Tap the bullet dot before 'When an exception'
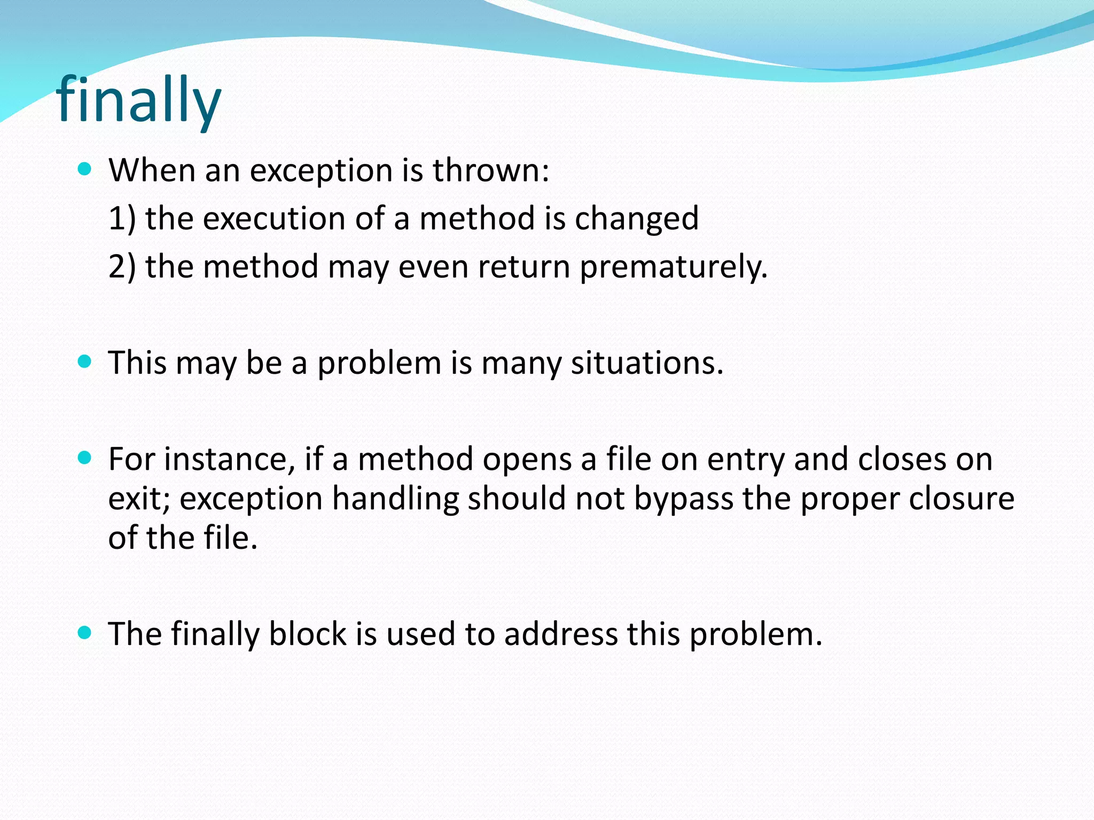(84, 169)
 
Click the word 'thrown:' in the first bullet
(490, 170)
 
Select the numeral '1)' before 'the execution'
(122, 218)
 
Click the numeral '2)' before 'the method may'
(122, 266)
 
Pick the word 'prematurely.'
(674, 267)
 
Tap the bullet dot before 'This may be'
(84, 361)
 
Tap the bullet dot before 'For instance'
(84, 458)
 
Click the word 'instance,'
(229, 459)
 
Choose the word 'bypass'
(684, 500)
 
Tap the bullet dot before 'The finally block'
(84, 633)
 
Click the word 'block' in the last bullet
(308, 634)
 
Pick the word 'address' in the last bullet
(560, 634)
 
